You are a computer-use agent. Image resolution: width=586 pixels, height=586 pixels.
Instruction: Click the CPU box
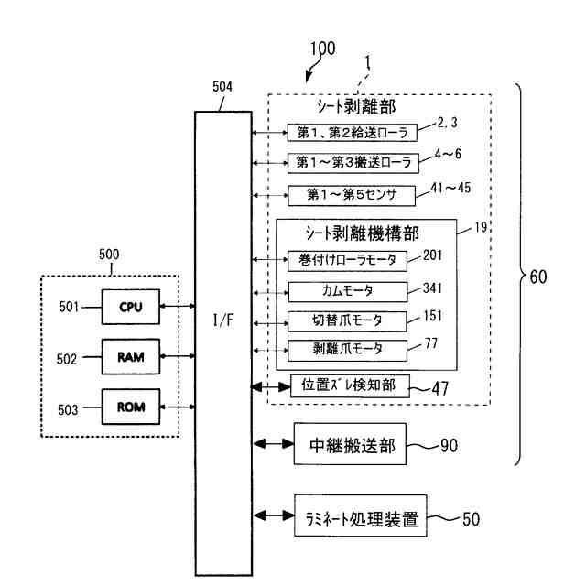click(x=131, y=307)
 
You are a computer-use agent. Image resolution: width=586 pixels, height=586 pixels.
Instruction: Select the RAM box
click(x=131, y=356)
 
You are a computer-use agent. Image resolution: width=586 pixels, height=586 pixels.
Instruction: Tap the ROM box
click(x=131, y=407)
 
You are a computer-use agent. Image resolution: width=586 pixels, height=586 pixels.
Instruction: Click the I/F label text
click(x=223, y=320)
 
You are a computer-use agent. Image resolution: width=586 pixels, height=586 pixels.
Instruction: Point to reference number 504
click(x=222, y=87)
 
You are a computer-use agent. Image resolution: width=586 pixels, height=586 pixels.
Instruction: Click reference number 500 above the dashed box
click(x=109, y=255)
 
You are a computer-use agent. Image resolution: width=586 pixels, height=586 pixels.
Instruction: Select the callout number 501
click(x=69, y=307)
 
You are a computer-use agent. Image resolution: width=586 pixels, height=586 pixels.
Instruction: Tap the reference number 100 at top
click(x=323, y=49)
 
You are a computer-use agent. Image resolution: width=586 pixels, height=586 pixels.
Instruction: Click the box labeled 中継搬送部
click(x=350, y=444)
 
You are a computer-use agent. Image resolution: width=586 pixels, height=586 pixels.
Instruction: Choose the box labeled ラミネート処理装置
click(x=360, y=515)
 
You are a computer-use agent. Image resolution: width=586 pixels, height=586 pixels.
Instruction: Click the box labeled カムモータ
click(x=348, y=291)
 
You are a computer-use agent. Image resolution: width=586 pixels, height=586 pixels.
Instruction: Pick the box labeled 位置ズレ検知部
click(x=350, y=386)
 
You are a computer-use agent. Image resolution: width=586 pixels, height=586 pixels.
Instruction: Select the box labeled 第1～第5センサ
click(x=352, y=195)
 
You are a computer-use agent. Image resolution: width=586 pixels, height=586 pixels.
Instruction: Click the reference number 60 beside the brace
click(x=538, y=277)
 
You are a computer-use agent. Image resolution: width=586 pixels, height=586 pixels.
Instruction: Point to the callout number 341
click(x=432, y=288)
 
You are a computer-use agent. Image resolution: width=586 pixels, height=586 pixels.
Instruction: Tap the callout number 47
click(x=439, y=388)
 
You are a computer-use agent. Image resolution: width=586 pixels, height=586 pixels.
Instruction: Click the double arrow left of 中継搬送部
click(x=274, y=443)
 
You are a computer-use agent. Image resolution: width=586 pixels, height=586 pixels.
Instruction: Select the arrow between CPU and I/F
click(x=178, y=307)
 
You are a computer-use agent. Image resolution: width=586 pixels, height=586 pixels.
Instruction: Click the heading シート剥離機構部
click(x=363, y=234)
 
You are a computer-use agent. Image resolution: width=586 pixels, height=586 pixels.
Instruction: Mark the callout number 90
click(x=449, y=446)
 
